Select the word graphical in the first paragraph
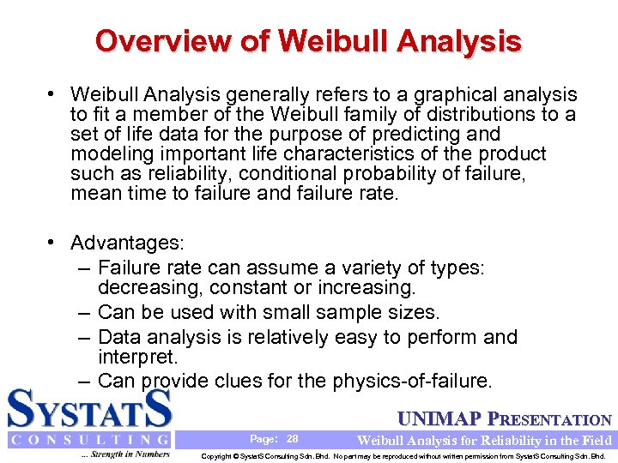coord(431,94)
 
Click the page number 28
coord(292,439)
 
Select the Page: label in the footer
coord(264,439)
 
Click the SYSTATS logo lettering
coord(90,409)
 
